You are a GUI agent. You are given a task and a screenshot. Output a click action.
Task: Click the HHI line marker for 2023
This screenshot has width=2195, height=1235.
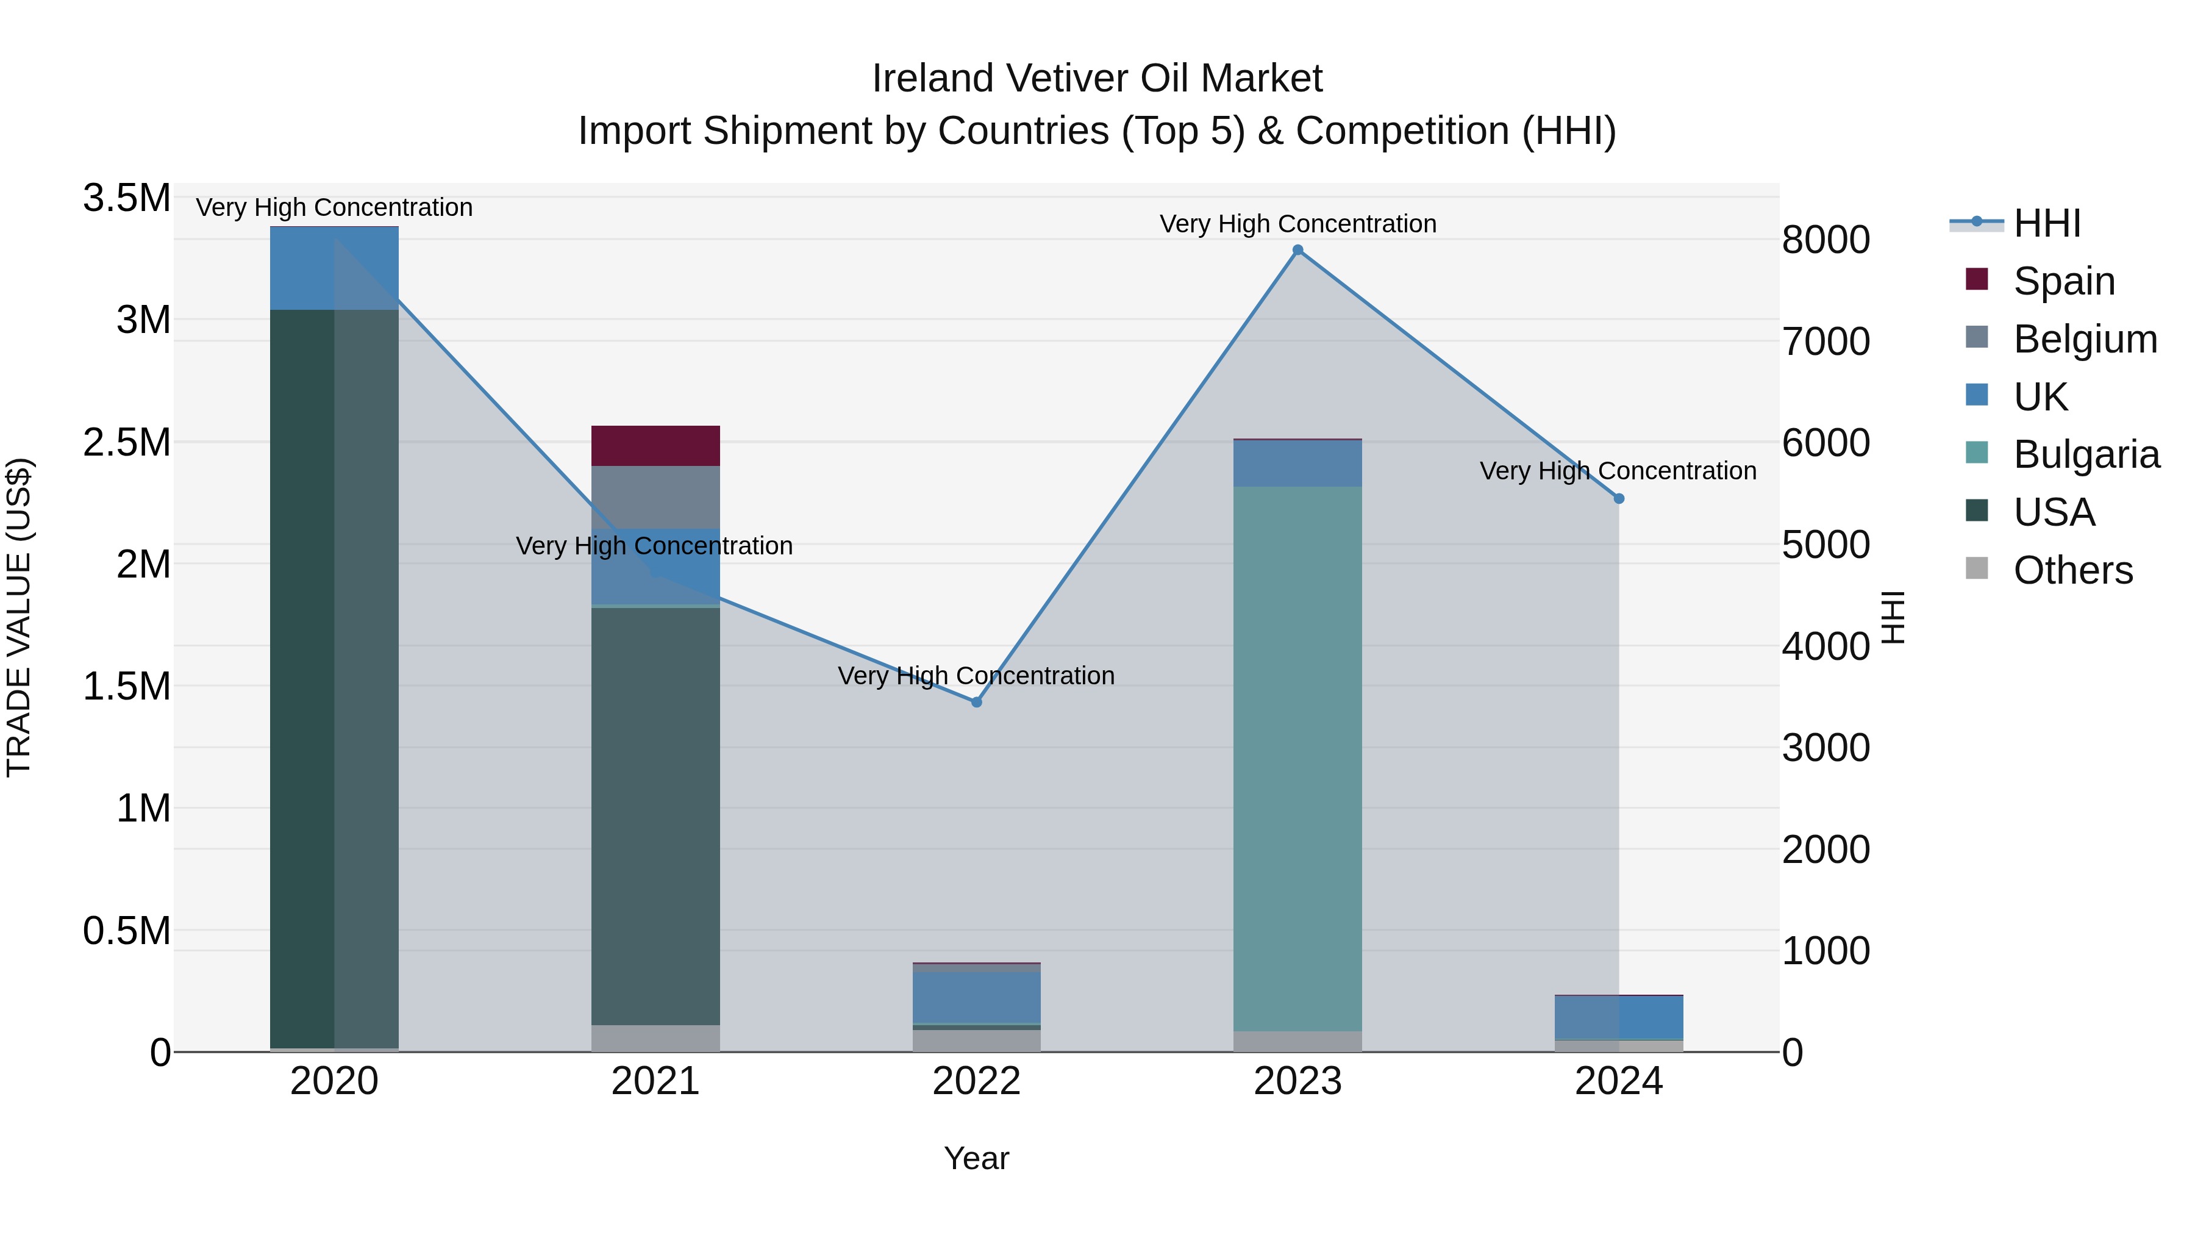(x=1297, y=249)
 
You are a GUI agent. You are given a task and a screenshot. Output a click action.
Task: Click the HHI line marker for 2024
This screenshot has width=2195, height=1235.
(x=1619, y=499)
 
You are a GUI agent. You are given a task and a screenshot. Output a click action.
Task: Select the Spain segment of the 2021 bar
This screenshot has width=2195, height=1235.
(x=655, y=446)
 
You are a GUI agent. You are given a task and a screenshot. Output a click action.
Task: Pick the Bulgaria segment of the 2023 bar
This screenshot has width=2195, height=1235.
(x=1297, y=759)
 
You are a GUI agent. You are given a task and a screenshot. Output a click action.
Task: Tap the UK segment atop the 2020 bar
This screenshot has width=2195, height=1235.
(x=334, y=268)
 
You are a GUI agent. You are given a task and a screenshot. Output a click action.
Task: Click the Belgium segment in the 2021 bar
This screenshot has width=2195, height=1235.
(x=655, y=497)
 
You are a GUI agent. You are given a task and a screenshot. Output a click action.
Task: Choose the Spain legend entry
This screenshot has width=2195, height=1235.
(x=2063, y=281)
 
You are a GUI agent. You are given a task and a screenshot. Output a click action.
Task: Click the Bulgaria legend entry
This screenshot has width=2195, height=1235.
(x=2085, y=454)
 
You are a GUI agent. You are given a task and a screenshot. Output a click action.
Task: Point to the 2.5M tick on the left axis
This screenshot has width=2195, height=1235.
(x=127, y=442)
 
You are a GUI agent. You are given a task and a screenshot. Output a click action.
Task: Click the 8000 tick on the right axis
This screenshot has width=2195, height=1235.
(x=1825, y=240)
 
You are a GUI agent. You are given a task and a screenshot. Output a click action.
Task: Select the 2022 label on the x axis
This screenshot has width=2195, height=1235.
(x=977, y=1081)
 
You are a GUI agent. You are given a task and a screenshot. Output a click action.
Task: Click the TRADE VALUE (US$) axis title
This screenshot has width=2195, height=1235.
(x=19, y=617)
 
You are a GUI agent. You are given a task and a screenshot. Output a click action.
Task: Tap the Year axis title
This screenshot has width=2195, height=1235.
(x=977, y=1158)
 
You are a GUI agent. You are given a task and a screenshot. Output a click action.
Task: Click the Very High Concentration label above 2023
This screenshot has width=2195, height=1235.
(x=1297, y=224)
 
